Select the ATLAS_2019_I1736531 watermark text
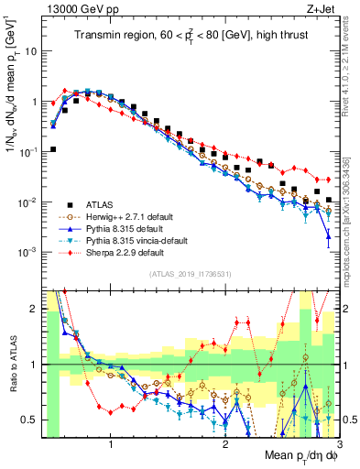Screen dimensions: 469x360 point(183,274)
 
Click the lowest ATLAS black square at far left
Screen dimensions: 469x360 point(53,149)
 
